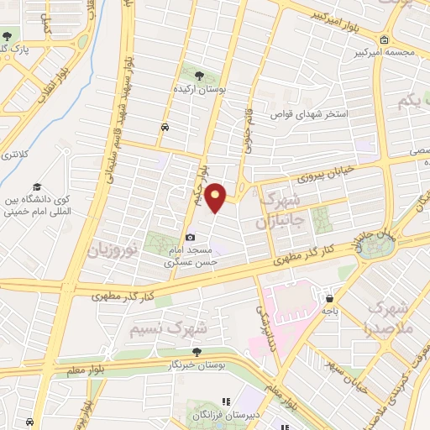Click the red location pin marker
216,197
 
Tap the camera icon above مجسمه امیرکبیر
384,39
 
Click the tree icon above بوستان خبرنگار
197,352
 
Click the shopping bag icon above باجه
330,298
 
